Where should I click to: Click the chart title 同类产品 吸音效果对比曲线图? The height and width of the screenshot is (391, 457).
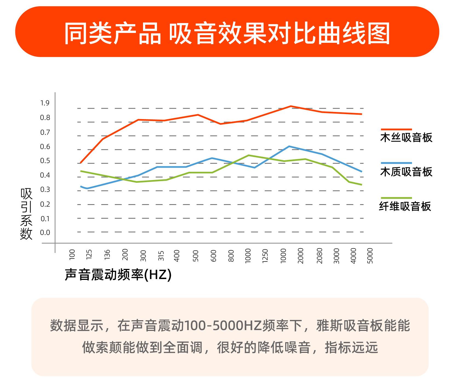tap(227, 33)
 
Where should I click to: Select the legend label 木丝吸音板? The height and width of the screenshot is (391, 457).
tap(406, 137)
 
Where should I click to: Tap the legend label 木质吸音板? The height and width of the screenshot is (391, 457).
tap(406, 172)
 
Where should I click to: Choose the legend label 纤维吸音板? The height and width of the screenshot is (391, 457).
tap(405, 206)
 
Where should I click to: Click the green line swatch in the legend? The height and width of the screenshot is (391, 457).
tap(396, 198)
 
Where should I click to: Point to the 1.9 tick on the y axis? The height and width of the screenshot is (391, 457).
tap(45, 103)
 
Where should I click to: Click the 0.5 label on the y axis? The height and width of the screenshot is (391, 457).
tap(45, 161)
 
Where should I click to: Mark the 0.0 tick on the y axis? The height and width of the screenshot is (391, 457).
tap(45, 233)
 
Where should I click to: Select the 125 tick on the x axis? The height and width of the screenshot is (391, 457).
tap(89, 255)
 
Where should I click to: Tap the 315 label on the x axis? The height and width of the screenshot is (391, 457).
tap(161, 256)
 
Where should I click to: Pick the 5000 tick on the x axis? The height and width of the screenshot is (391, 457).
tap(370, 256)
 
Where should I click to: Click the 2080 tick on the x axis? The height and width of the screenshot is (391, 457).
tap(319, 256)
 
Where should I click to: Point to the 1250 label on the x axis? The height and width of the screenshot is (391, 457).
tap(265, 256)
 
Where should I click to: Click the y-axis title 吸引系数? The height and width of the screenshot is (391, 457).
tap(26, 214)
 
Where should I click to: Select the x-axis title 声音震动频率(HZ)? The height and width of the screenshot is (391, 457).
tap(118, 275)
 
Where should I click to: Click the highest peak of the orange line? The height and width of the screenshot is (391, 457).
tap(290, 106)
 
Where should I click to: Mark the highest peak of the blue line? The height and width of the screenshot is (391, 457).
tap(289, 146)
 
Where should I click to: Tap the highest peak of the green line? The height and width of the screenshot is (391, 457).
tap(248, 155)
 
